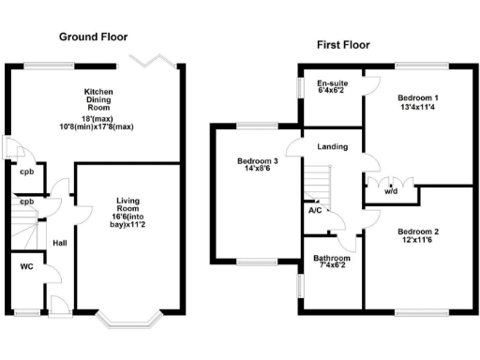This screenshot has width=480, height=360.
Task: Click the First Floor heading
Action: click(x=343, y=44)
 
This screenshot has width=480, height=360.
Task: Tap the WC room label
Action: click(x=26, y=266)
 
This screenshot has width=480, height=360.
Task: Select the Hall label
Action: click(x=59, y=243)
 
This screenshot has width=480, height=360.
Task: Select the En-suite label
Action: click(x=332, y=82)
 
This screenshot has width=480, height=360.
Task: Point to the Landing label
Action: click(x=333, y=147)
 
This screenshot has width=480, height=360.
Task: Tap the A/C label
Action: click(x=316, y=211)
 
